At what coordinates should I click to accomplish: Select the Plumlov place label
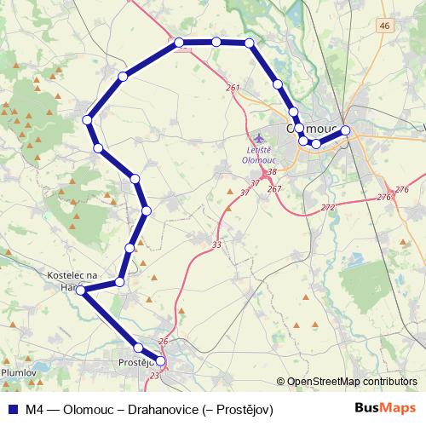pos(18,372)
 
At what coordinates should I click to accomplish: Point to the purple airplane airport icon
pos(261,138)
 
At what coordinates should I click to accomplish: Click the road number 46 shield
pos(386,26)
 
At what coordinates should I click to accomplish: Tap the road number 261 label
pos(233,89)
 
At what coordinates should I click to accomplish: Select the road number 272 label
pos(328,208)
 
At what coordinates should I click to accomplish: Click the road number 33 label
pos(217,245)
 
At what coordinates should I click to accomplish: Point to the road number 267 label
pos(273,189)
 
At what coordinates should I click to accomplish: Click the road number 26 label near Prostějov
pos(164,342)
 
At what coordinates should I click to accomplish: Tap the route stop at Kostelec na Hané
pos(81,291)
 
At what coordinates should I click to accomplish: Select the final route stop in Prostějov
pos(160,361)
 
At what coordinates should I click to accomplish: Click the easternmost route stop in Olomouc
pos(346,130)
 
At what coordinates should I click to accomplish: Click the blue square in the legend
pos(13,410)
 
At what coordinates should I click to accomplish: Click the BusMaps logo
pos(385,409)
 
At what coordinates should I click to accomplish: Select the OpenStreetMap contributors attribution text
pos(350,383)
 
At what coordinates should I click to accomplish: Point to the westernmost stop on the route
pos(81,291)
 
